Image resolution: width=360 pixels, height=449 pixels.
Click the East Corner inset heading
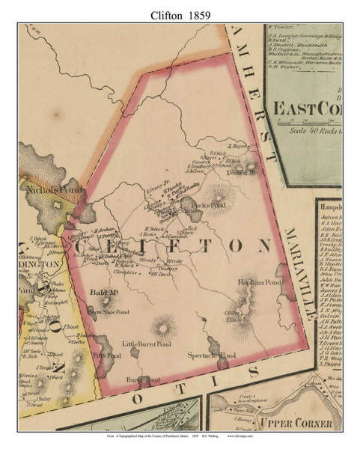pos(307,109)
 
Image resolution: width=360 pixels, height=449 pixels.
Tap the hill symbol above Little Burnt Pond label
pos(161,326)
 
